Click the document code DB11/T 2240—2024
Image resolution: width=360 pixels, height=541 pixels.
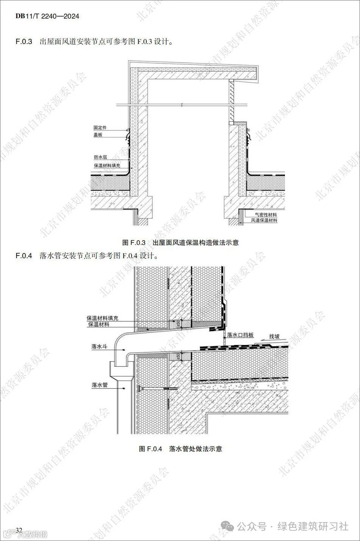coord(47,16)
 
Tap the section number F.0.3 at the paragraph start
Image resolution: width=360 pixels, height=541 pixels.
coord(25,42)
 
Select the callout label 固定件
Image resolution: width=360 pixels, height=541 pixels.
coord(100,128)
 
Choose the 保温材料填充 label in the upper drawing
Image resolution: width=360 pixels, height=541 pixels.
coord(107,166)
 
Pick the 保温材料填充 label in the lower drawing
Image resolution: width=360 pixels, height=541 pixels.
coord(103,318)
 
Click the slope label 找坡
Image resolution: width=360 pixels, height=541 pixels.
coord(275,336)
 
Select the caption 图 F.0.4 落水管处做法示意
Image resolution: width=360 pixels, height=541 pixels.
coord(180,449)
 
